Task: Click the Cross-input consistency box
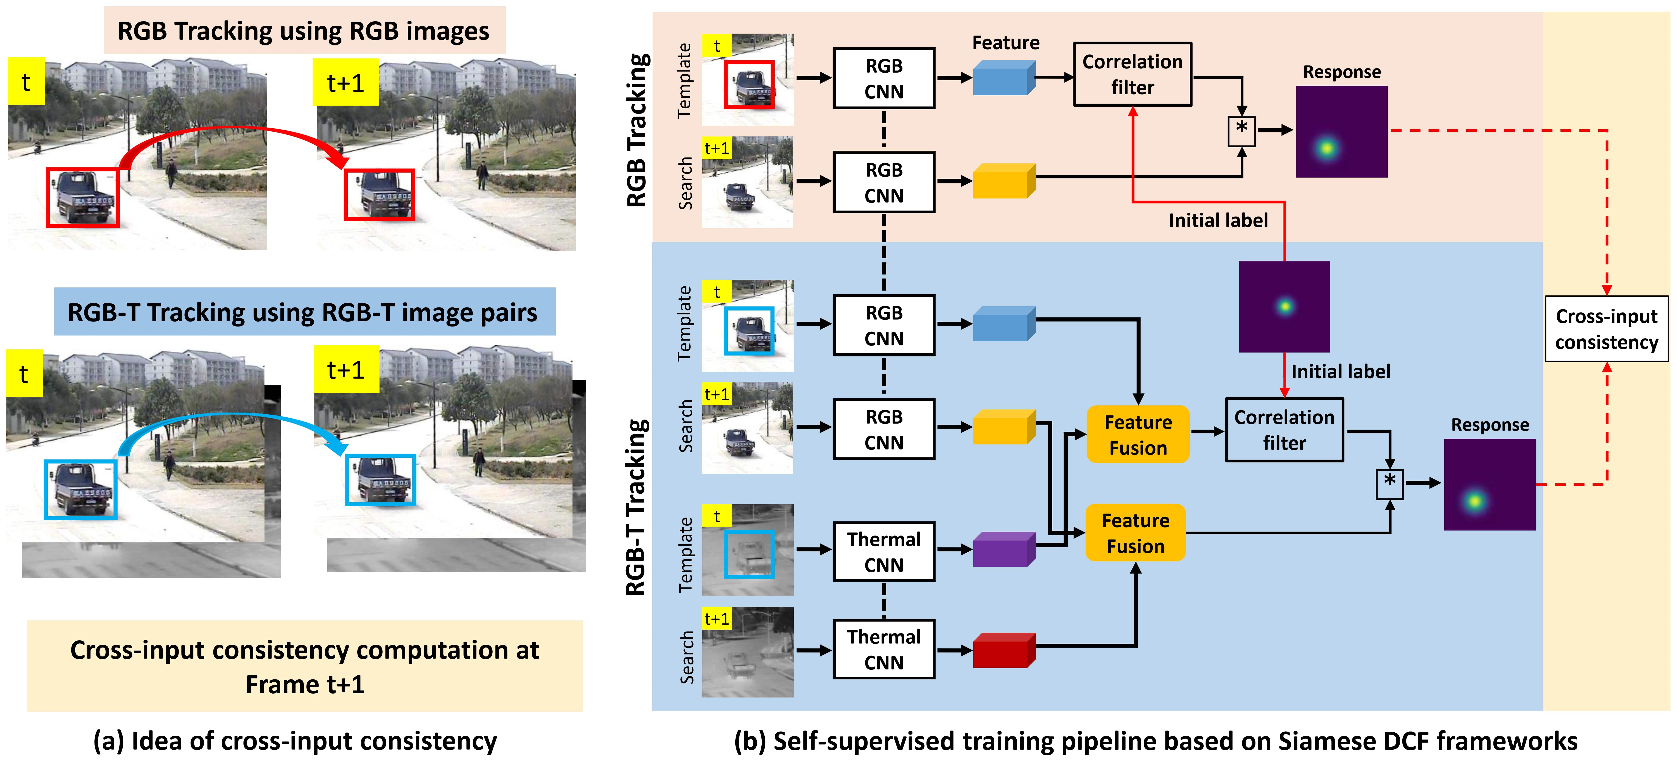pyautogui.click(x=1606, y=329)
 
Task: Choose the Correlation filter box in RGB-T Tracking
pyautogui.click(x=1284, y=430)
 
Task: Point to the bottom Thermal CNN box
pyautogui.click(x=884, y=649)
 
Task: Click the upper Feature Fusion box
pyautogui.click(x=1137, y=434)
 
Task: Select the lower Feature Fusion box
pyautogui.click(x=1135, y=533)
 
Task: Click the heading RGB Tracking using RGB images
pyautogui.click(x=304, y=31)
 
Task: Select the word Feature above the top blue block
pyautogui.click(x=1005, y=43)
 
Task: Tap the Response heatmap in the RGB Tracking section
pyautogui.click(x=1341, y=132)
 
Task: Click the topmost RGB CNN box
pyautogui.click(x=884, y=78)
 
